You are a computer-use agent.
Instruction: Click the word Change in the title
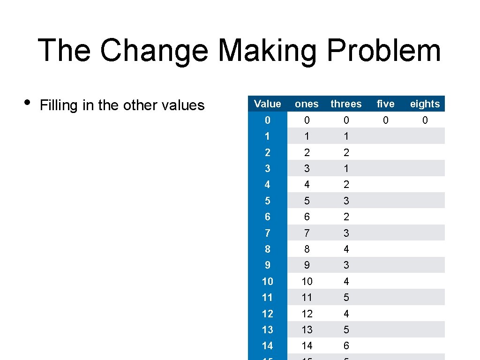click(x=153, y=51)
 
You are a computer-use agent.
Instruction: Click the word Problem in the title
click(x=384, y=51)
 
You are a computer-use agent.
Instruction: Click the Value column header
click(x=267, y=104)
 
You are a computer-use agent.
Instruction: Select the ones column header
click(x=307, y=104)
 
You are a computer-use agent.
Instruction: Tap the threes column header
click(x=346, y=104)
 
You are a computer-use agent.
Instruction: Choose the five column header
click(x=385, y=104)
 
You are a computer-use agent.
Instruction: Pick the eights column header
click(x=425, y=104)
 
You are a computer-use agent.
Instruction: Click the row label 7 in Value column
click(x=267, y=233)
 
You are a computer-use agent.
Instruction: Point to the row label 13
click(x=267, y=330)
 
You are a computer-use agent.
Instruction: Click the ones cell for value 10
click(x=307, y=281)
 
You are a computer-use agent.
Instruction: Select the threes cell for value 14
click(x=346, y=345)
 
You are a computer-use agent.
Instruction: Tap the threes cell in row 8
click(x=346, y=249)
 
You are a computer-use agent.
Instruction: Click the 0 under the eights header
click(x=425, y=120)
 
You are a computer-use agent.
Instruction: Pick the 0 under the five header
click(x=385, y=120)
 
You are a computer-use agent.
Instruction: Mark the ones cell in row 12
click(x=307, y=314)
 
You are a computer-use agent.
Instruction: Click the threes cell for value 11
click(x=346, y=297)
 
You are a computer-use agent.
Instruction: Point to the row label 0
click(x=267, y=120)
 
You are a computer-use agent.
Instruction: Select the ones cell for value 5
click(x=307, y=201)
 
